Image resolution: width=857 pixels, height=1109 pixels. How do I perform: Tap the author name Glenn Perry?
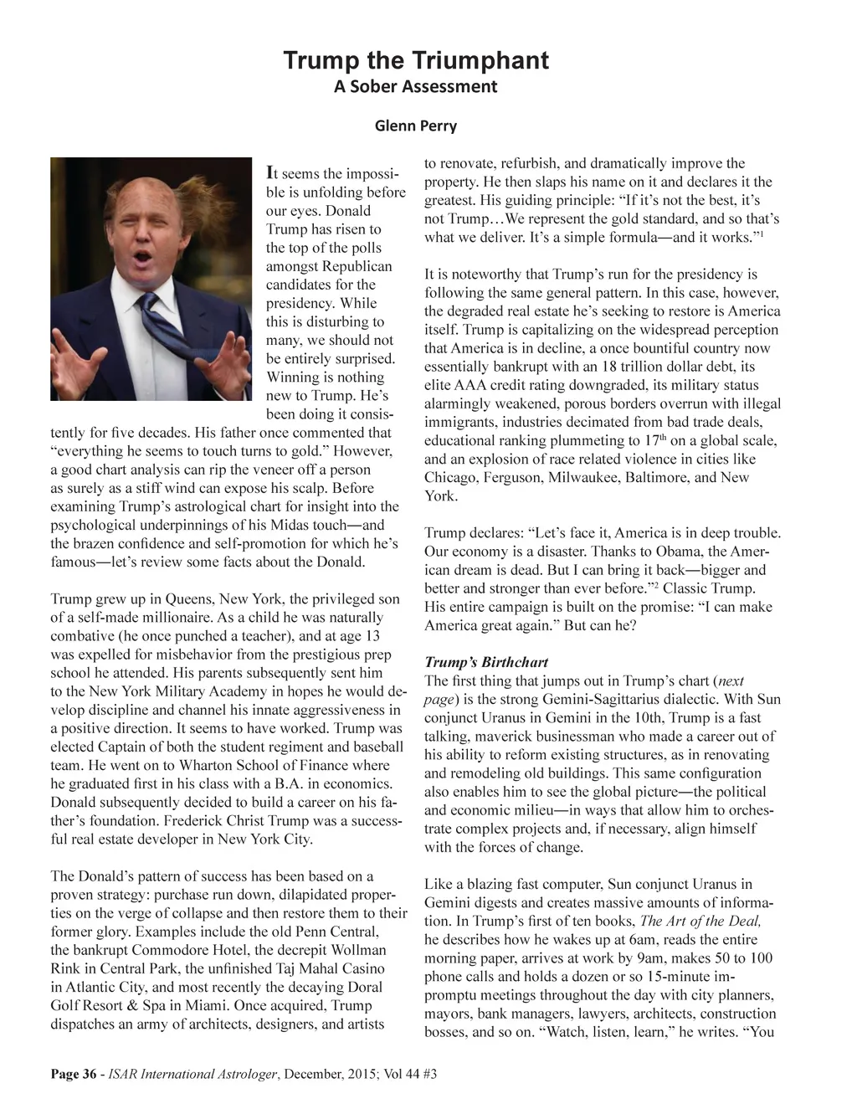(416, 126)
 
